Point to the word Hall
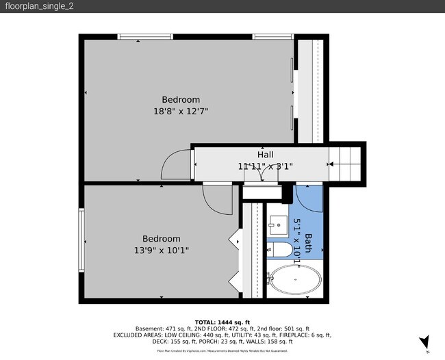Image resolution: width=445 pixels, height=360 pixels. coord(266,155)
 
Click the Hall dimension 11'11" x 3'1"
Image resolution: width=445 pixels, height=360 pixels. coord(266,166)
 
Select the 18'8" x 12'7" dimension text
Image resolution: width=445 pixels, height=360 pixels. coord(181,110)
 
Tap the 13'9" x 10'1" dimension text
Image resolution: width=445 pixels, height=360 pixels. coord(161,250)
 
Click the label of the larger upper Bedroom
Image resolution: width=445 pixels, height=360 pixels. coord(181,99)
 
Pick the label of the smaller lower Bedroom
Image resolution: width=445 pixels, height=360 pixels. coord(161,238)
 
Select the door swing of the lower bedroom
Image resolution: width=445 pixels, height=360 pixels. coord(217,198)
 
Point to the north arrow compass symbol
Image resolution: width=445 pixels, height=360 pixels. coord(425,342)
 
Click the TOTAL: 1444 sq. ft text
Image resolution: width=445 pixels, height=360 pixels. coord(222,322)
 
